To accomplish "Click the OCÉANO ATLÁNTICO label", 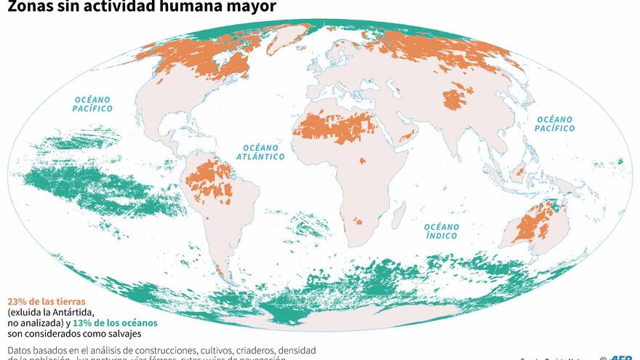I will tap(260, 151).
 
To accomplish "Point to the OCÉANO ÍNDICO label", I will tap(441, 231).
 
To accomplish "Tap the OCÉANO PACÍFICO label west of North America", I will tap(92, 103).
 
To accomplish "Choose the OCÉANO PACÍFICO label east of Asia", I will tap(554, 124).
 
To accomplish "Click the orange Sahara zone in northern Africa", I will tap(336, 127).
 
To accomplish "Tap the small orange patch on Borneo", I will tap(519, 172).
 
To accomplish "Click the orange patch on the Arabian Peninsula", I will tap(409, 135).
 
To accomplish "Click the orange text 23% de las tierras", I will tap(47, 301).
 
